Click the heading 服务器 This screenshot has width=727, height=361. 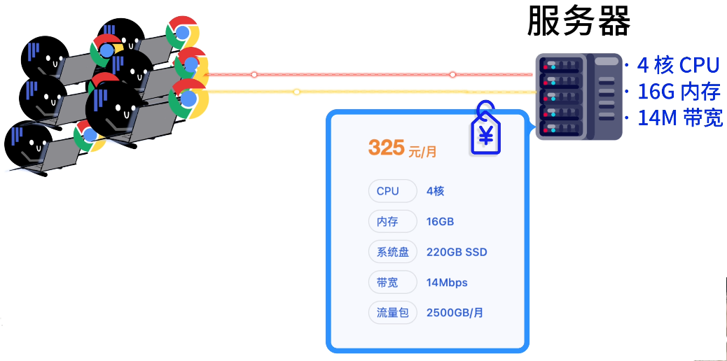coord(579,22)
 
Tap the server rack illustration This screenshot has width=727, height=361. coord(579,97)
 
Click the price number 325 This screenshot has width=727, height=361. coord(387,147)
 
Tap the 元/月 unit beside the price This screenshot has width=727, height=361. coord(422,150)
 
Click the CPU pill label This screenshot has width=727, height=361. coord(387,191)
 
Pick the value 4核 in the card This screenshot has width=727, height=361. coord(435,191)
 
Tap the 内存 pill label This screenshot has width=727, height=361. coord(387,222)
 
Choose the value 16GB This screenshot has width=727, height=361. coord(440,222)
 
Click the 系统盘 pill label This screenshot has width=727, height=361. coord(392,252)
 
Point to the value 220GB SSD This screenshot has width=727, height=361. coord(456,252)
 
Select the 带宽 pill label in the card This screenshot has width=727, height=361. coord(387,283)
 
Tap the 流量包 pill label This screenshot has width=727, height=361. coord(392,313)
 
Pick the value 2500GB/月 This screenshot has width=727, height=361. coord(455,313)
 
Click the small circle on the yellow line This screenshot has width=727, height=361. coord(297,92)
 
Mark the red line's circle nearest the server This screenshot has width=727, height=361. coord(452,74)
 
